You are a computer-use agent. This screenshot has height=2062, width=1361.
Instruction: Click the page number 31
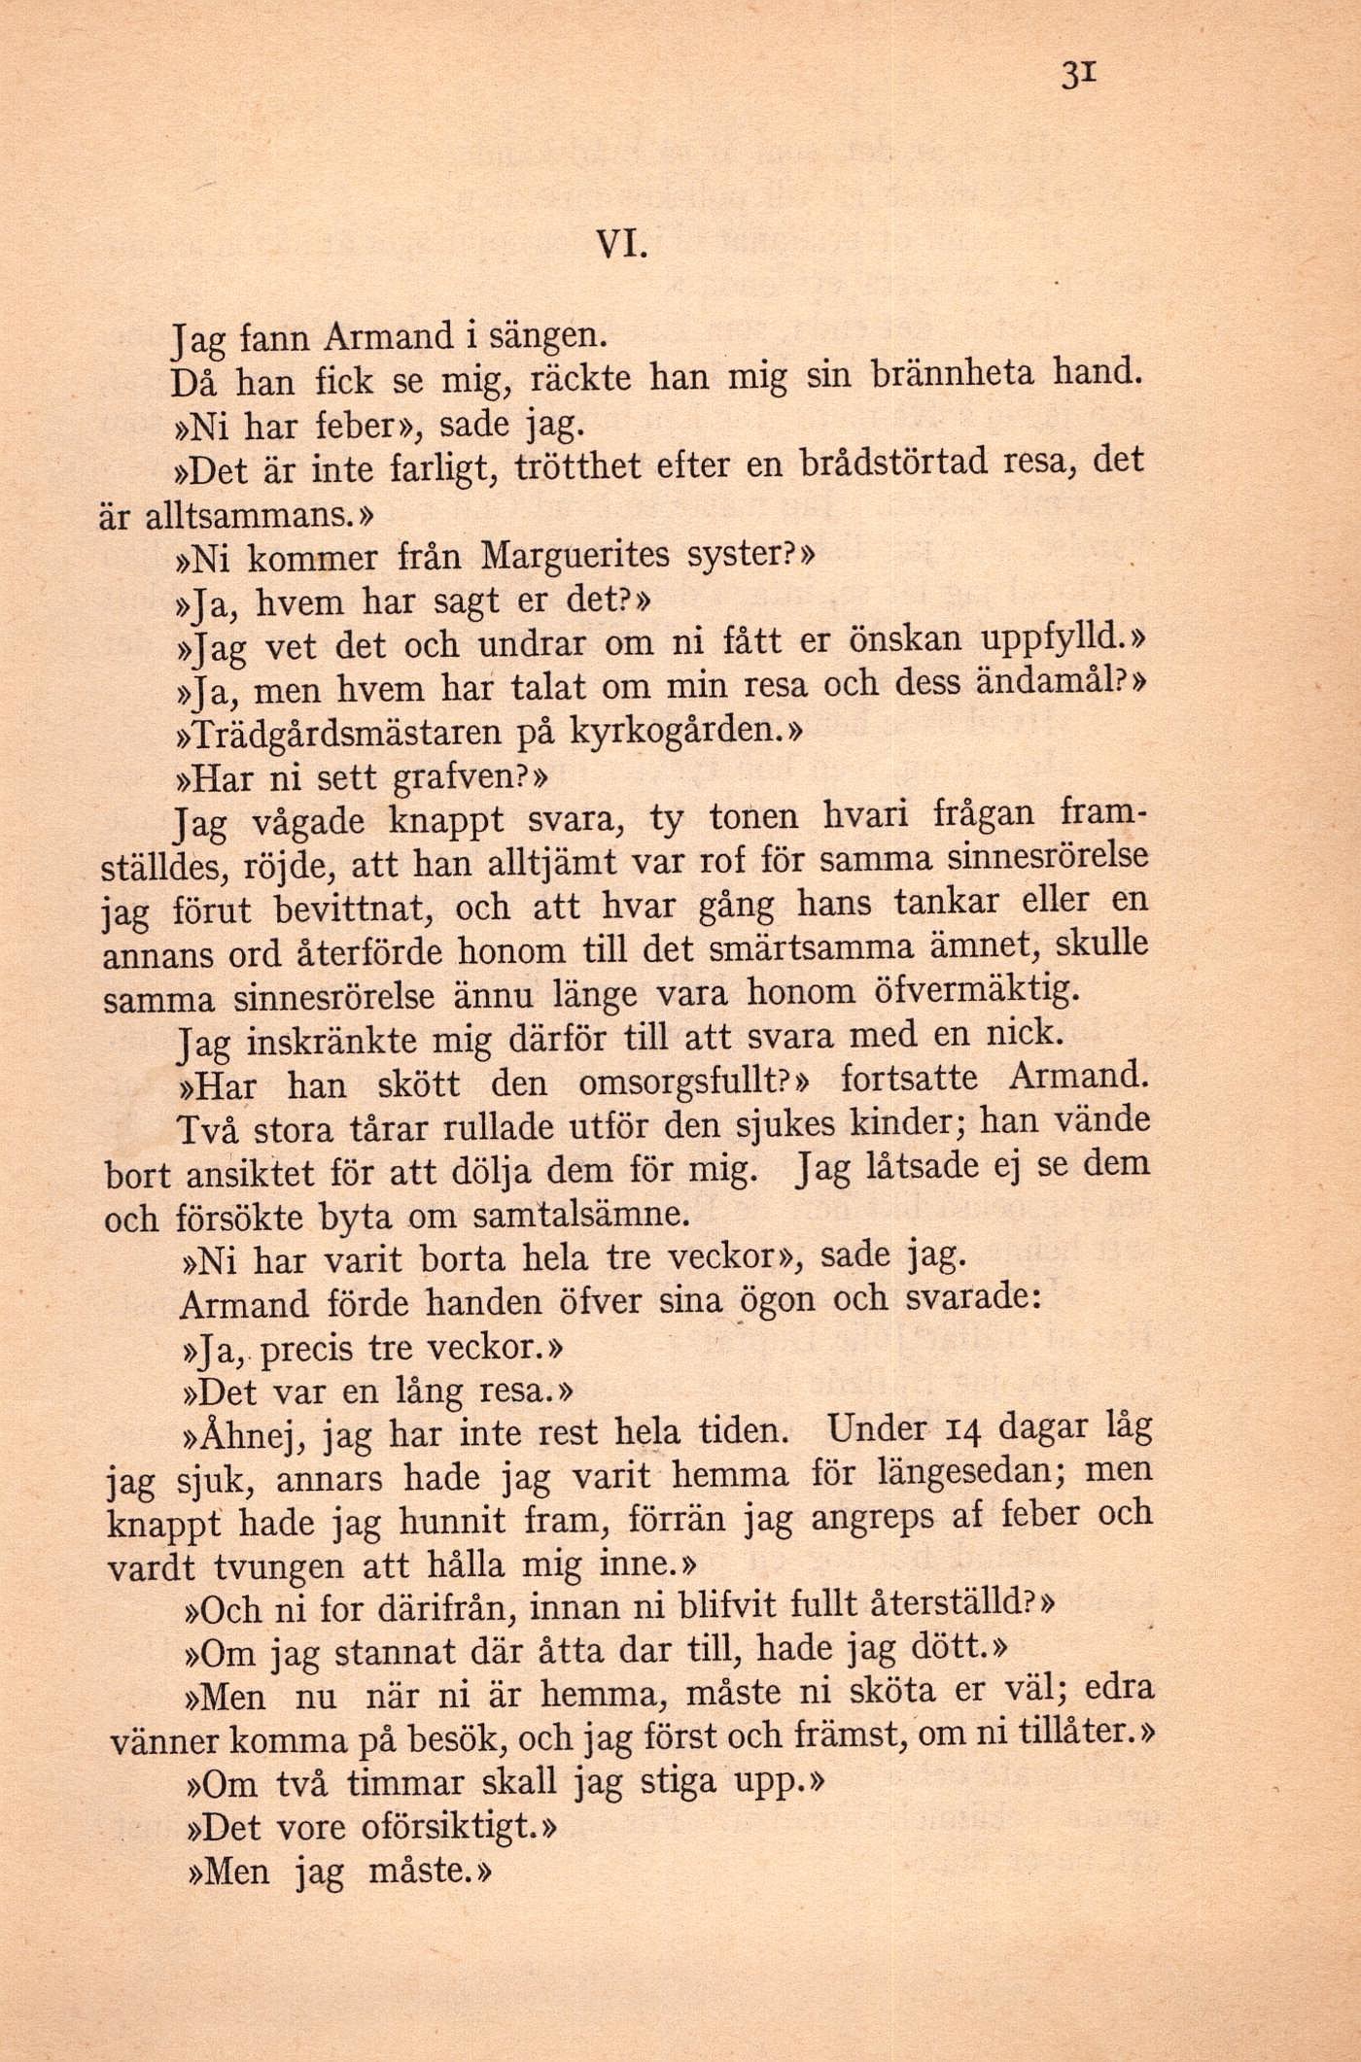[1080, 74]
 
